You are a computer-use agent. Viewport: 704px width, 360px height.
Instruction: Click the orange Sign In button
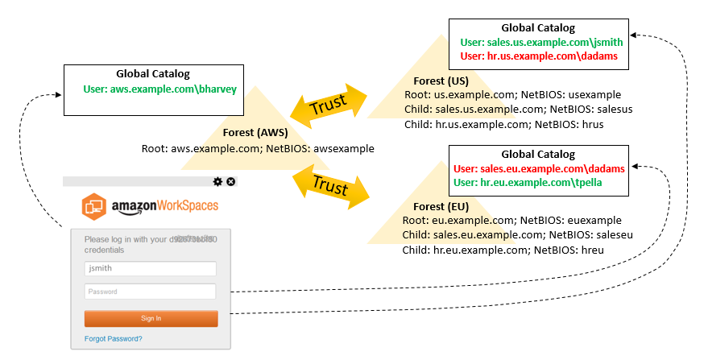[151, 318]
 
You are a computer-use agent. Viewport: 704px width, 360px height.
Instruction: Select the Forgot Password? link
[114, 339]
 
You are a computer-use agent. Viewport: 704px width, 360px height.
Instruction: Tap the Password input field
[151, 292]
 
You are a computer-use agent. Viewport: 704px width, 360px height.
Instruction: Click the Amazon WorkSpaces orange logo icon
[94, 206]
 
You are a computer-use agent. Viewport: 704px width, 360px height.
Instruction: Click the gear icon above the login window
[217, 182]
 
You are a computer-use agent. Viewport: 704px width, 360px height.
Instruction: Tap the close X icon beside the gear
[231, 182]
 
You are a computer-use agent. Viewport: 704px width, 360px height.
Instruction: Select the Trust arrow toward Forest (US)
[328, 103]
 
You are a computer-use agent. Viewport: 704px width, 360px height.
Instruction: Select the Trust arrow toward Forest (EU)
[329, 184]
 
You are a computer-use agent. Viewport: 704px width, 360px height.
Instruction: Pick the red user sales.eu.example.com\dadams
[539, 168]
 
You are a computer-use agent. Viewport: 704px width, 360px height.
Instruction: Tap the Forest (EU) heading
[436, 206]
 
